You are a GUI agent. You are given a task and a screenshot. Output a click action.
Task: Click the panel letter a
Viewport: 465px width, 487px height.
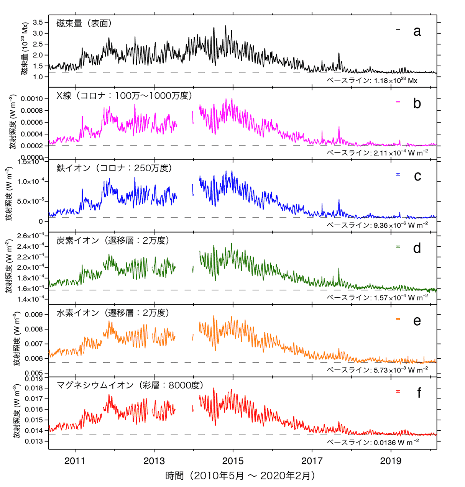pos(417,31)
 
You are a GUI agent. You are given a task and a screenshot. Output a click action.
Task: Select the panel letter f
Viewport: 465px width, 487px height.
pos(419,393)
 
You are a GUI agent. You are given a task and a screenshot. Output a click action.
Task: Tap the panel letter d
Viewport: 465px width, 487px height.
pos(417,248)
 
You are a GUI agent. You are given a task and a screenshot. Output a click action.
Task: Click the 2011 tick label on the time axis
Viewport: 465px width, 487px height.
pos(75,461)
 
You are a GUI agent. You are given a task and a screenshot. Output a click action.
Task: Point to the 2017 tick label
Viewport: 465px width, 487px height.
pos(312,461)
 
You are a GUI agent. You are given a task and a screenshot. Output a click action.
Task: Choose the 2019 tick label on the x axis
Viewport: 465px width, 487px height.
pos(391,461)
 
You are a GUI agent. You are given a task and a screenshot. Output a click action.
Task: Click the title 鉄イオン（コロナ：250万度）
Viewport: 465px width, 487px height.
pos(114,168)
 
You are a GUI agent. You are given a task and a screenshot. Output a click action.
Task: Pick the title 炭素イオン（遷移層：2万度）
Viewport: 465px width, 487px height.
pos(113,240)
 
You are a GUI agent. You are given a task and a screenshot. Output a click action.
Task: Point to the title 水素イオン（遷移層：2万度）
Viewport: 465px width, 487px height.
pos(113,313)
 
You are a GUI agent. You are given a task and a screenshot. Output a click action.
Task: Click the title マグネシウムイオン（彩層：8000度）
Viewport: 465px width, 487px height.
pos(130,385)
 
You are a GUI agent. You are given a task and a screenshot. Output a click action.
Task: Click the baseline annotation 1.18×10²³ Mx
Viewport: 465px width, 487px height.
pos(372,80)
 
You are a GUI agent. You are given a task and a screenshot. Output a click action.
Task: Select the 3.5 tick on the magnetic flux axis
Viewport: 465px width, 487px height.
pos(38,22)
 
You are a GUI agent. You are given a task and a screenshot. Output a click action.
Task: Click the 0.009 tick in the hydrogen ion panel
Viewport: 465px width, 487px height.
pos(34,315)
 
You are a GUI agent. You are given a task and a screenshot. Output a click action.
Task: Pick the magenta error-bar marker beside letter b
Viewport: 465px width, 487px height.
pos(398,102)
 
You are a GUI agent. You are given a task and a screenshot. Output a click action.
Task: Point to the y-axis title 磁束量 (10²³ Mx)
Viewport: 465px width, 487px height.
pos(25,49)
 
